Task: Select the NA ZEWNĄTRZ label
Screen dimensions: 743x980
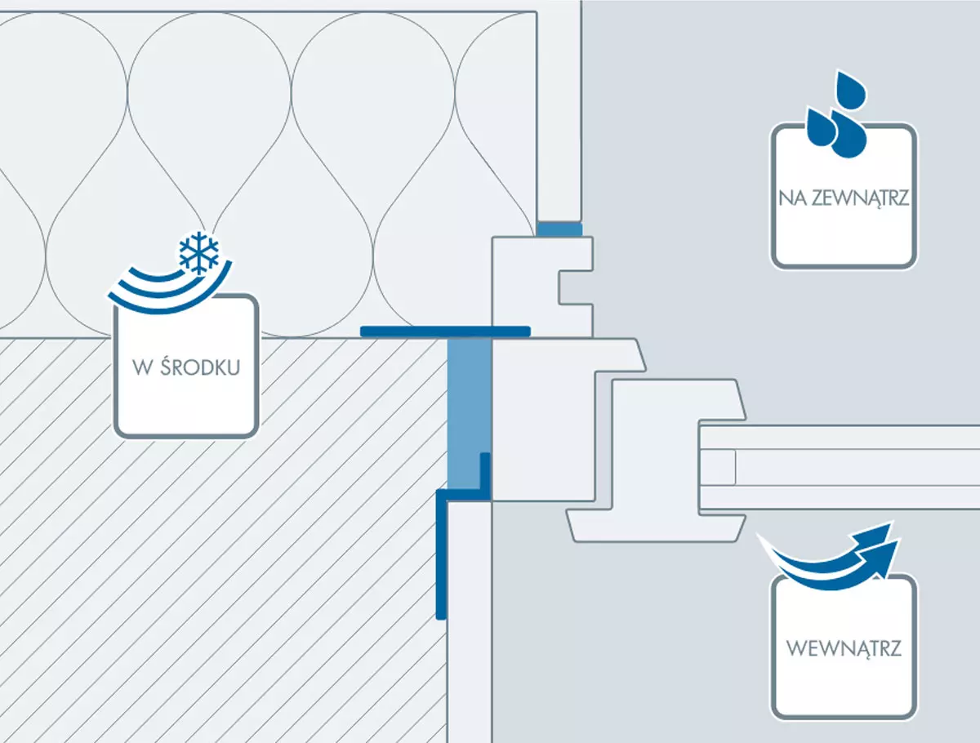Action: [844, 198]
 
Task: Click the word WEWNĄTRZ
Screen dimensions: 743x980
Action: [844, 650]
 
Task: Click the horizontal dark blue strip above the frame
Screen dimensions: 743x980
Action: [445, 331]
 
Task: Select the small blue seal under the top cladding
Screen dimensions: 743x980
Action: [559, 230]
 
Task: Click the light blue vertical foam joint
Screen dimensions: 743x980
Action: [467, 408]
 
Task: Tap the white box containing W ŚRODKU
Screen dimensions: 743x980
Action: [186, 400]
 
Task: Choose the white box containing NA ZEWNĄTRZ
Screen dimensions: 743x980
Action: [844, 233]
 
